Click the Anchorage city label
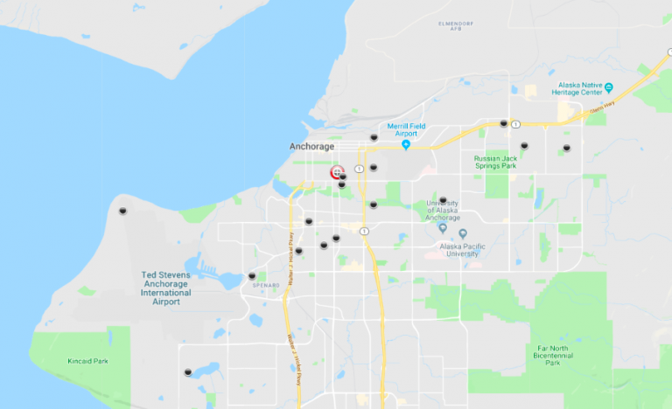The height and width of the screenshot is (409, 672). [x=311, y=147]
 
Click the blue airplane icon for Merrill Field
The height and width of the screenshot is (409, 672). [x=406, y=144]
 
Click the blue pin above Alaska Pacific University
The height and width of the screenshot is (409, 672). [x=442, y=229]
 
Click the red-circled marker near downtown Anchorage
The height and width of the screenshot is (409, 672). [x=337, y=172]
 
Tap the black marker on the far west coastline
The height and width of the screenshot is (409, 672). [x=122, y=211]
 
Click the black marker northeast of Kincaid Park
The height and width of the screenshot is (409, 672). [x=188, y=372]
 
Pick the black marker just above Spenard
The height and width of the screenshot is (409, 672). [x=252, y=275]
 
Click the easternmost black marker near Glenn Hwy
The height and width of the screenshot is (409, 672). [x=566, y=148]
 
